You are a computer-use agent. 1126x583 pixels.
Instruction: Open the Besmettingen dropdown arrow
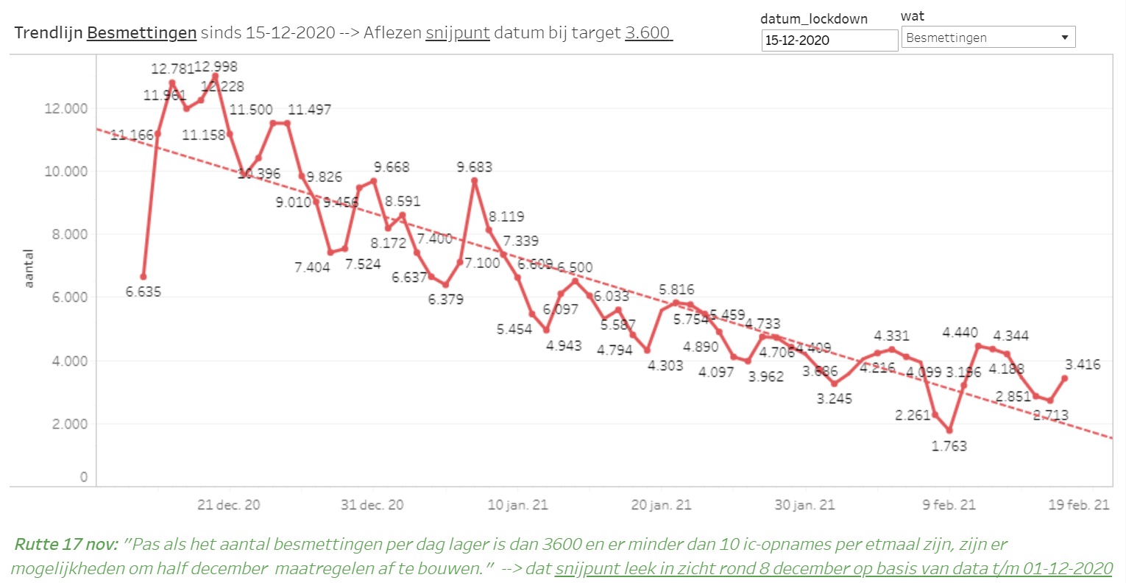coord(1064,38)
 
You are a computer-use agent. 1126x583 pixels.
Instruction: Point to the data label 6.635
coord(143,291)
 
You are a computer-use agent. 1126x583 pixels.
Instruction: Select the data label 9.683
coord(474,167)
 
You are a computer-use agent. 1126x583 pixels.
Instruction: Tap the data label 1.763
coord(949,445)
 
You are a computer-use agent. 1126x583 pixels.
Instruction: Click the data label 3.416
coord(1083,364)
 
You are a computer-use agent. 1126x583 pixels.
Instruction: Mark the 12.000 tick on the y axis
coord(65,108)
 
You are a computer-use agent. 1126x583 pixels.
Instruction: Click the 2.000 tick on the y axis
coord(68,424)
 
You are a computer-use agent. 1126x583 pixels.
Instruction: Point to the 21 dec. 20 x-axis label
coord(228,505)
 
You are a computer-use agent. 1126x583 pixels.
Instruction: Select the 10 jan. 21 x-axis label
coord(517,505)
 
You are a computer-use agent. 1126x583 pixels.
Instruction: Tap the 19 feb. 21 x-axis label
coord(1078,505)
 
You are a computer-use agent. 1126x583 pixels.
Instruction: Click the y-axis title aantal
coord(29,268)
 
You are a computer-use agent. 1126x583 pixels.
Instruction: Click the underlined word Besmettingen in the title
coord(141,33)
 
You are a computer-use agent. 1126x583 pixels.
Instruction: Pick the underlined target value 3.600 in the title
coord(648,33)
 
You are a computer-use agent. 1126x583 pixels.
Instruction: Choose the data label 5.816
coord(676,289)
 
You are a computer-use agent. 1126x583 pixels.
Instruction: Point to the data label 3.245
coord(834,398)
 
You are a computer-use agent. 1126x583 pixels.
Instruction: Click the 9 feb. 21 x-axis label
coord(949,505)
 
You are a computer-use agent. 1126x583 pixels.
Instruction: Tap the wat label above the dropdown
coord(912,16)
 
